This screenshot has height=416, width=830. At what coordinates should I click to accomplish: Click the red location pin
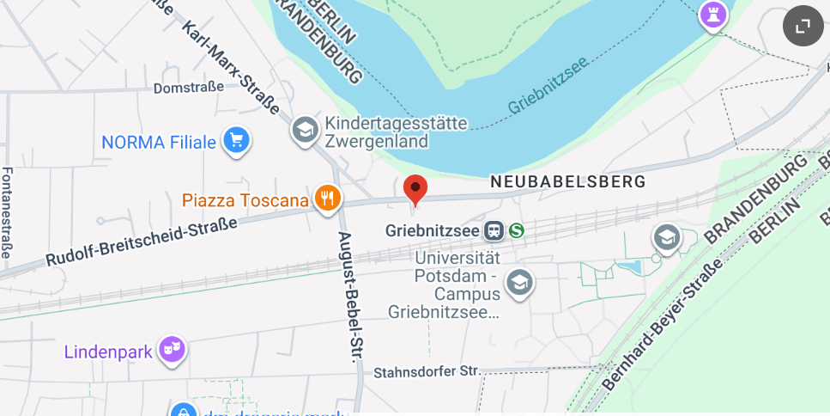(415, 188)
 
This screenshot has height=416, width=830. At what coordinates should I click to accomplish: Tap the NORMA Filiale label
(159, 142)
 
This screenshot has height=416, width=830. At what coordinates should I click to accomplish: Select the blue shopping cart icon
(236, 139)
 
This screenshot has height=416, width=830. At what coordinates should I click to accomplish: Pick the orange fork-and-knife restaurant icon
(327, 199)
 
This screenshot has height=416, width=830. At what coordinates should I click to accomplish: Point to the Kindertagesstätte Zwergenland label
(396, 132)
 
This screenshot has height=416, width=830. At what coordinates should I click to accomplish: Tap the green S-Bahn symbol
(516, 230)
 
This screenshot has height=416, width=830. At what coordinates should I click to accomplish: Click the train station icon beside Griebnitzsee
(494, 230)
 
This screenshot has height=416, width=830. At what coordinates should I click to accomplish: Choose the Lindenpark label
(108, 351)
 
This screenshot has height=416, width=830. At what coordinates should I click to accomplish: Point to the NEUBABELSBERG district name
(567, 182)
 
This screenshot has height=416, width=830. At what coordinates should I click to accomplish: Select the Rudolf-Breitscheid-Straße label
(141, 242)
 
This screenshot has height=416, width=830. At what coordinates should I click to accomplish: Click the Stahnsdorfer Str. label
(426, 372)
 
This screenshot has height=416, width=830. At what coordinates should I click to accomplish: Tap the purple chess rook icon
(712, 14)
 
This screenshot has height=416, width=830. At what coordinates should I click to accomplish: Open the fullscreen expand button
(803, 27)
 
